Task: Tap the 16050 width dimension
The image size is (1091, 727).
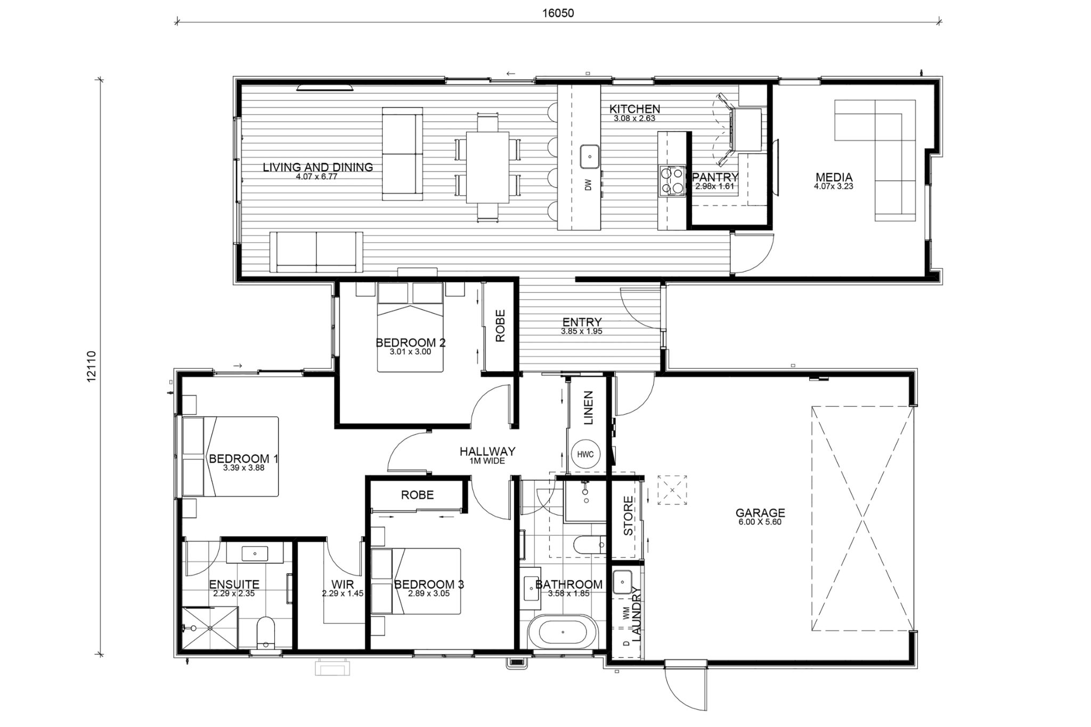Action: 558,14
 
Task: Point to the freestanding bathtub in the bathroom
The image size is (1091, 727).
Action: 564,633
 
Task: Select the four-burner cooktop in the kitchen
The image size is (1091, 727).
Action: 672,181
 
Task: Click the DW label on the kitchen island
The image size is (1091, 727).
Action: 589,185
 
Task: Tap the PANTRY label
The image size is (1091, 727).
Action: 714,177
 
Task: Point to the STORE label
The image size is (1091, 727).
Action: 628,516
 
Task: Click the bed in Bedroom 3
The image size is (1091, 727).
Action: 416,581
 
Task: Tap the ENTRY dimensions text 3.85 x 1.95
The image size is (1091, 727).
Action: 581,331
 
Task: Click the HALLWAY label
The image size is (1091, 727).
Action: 487,451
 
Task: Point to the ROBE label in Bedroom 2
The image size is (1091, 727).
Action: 500,326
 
